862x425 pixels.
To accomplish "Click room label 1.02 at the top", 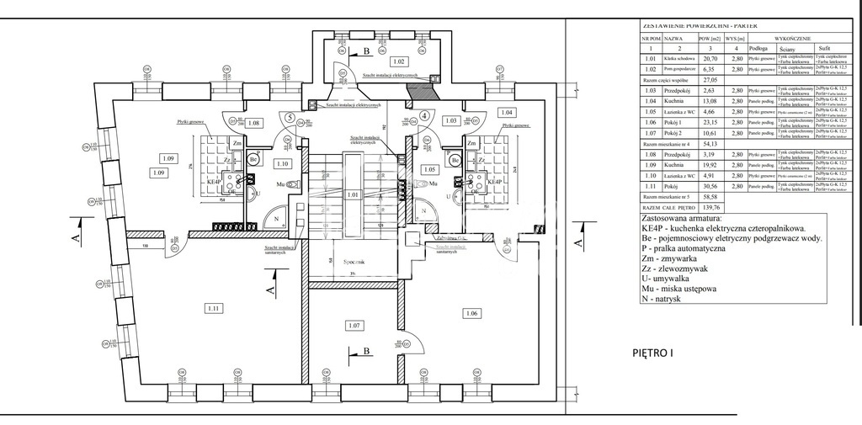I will point(398,62).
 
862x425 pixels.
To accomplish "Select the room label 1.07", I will point(354,325).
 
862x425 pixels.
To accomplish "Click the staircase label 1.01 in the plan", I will point(354,195).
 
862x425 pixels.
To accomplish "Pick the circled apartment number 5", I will point(290,117).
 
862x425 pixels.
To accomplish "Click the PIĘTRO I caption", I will point(652,353).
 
